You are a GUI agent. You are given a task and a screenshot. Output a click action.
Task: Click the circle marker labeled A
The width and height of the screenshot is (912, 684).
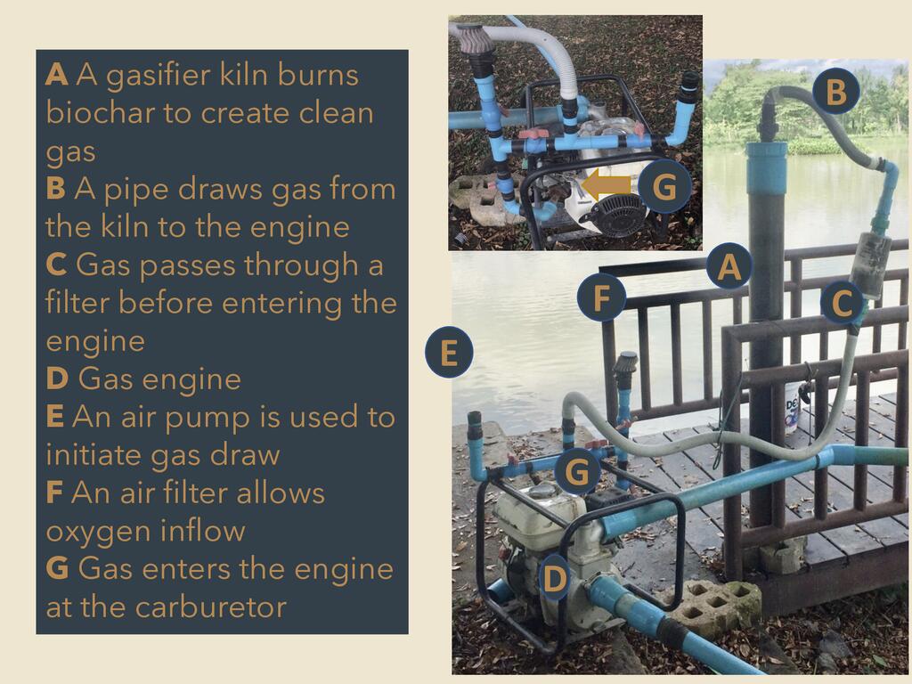729,266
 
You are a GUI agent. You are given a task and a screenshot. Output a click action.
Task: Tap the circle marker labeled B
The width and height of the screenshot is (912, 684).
835,92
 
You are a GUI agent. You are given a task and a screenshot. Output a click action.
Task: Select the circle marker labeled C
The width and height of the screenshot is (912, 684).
843,303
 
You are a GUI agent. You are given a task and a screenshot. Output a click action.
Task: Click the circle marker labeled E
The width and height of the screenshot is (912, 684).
449,353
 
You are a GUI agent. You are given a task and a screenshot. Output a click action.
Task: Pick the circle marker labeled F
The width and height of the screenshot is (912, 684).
601,297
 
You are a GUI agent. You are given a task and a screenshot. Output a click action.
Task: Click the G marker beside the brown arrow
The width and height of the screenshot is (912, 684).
664,187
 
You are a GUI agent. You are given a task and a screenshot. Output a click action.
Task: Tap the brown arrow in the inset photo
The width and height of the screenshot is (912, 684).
606,186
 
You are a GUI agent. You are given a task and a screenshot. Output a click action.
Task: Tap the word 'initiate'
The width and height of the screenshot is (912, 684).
94,454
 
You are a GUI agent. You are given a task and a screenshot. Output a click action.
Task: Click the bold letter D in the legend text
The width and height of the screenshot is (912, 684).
57,379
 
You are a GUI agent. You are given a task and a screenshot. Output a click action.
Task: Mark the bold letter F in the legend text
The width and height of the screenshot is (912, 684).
54,493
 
